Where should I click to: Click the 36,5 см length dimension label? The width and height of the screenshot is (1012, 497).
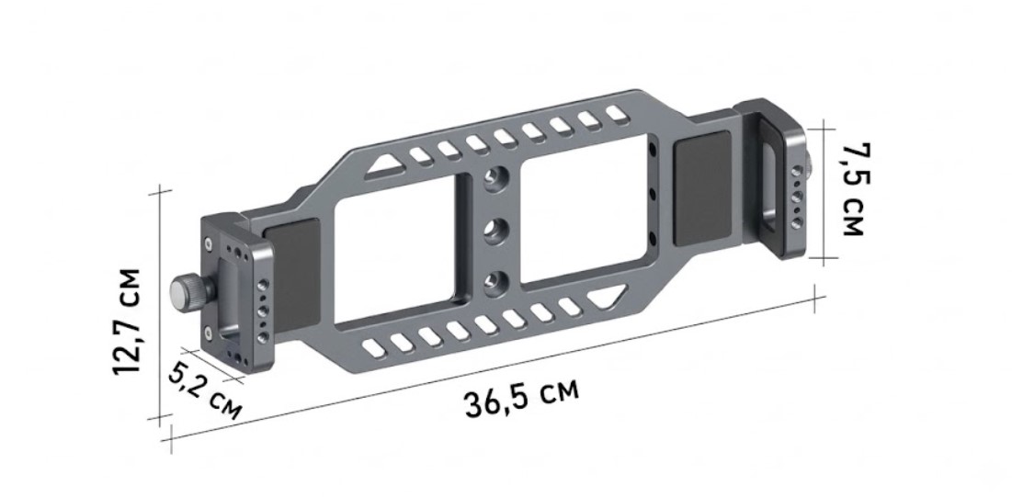tap(521, 396)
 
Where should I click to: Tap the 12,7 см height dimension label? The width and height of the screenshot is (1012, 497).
tap(127, 321)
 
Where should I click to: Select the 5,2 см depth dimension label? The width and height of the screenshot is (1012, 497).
tap(205, 390)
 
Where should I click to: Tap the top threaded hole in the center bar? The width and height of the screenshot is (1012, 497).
tap(496, 177)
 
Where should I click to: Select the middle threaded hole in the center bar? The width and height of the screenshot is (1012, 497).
tap(495, 229)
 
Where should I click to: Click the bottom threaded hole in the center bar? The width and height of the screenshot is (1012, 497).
tap(495, 281)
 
